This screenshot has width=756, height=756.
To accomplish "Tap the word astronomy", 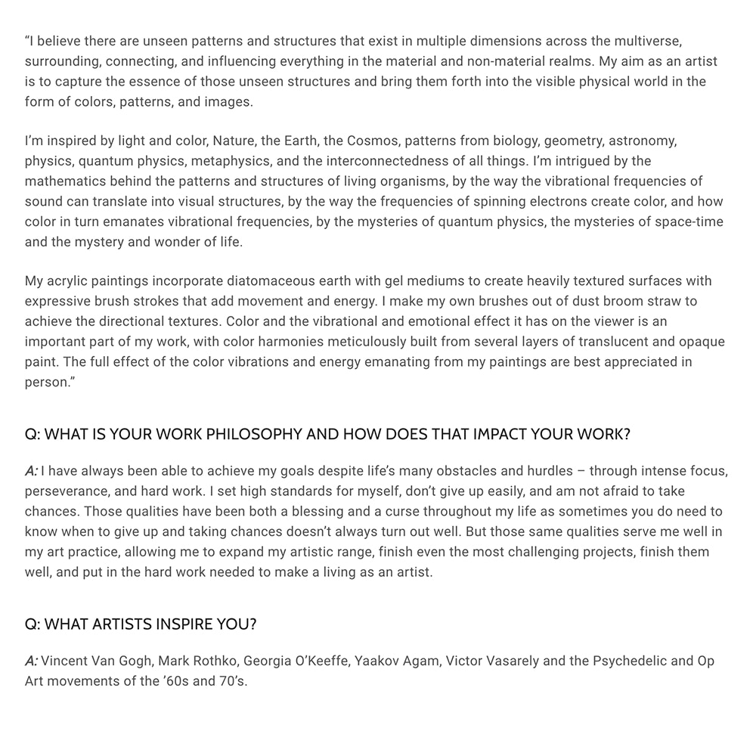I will (643, 141).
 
